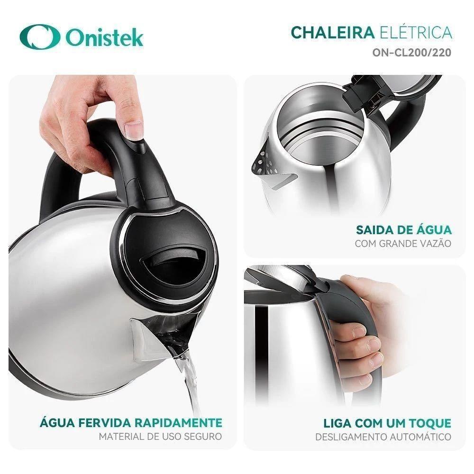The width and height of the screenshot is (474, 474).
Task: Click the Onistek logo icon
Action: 39,38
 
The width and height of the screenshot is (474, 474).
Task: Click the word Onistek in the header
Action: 105,38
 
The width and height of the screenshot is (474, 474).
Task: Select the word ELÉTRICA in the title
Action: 416,33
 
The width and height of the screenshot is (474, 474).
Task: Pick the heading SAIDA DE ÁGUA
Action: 404,230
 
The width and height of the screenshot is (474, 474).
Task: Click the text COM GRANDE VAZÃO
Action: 403,244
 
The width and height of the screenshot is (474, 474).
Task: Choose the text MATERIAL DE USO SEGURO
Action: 160,436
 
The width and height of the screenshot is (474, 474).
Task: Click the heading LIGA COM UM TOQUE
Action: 387,422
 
